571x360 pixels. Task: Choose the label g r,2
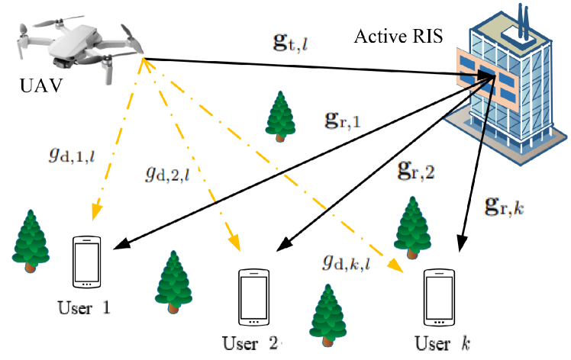(415, 169)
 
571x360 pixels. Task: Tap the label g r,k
(505, 204)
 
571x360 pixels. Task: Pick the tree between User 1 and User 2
(173, 281)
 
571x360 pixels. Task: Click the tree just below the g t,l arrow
(279, 116)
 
